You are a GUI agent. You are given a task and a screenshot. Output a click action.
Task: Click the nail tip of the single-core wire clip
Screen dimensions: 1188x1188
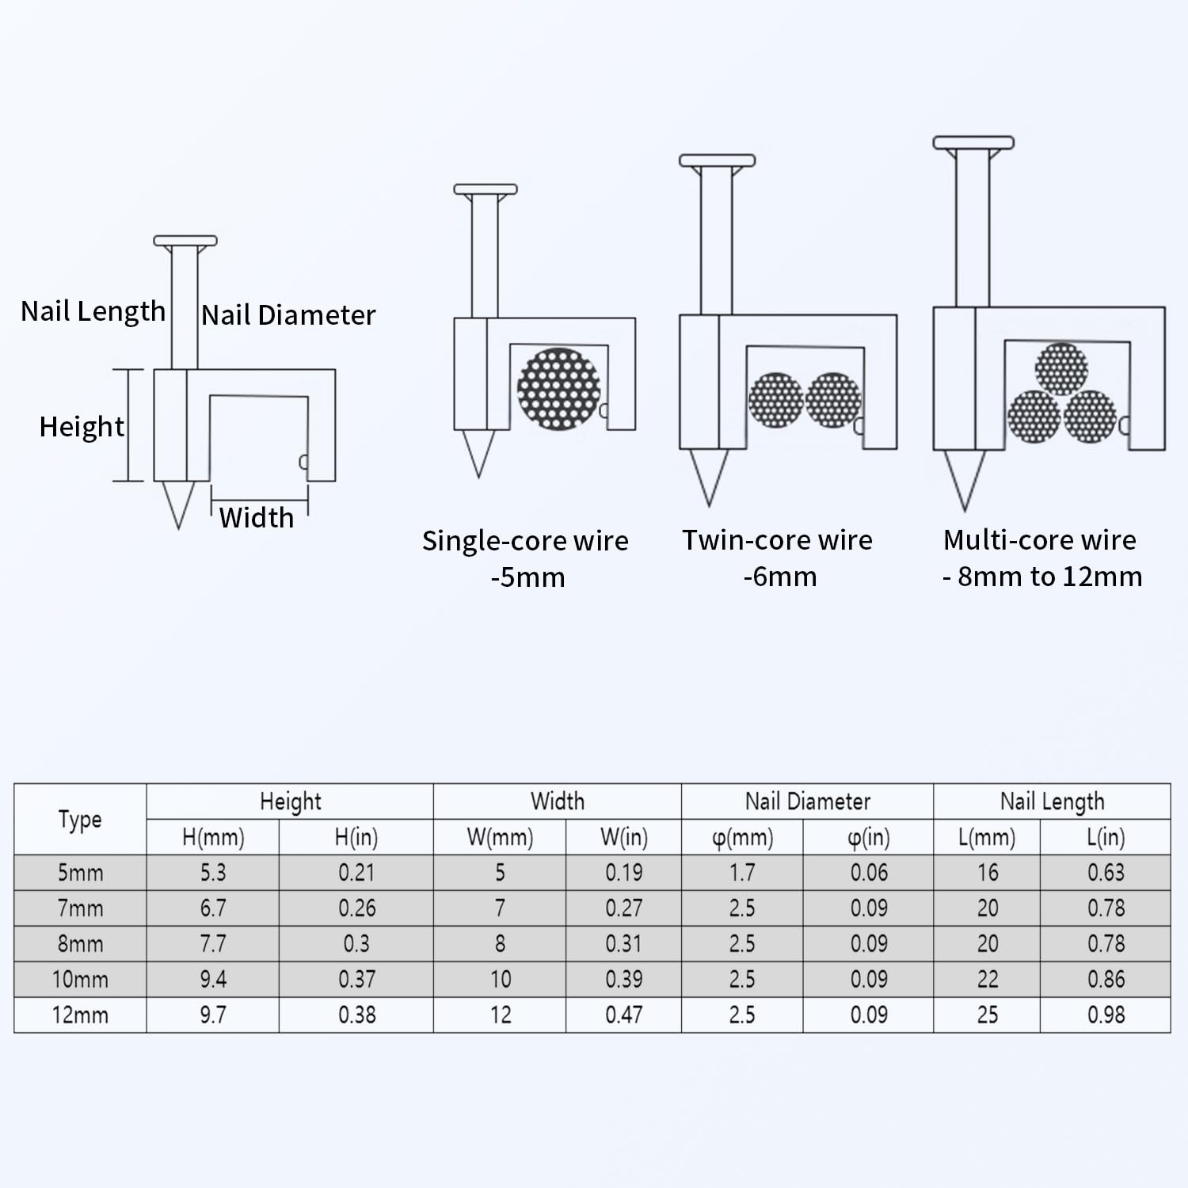tap(478, 478)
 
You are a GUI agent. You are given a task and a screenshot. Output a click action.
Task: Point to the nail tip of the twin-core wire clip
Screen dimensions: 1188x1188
tap(709, 506)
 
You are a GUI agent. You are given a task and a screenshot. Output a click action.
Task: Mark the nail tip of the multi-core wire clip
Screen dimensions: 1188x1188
tap(964, 511)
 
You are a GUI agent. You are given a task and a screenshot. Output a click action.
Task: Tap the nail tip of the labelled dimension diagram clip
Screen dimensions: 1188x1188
tap(179, 528)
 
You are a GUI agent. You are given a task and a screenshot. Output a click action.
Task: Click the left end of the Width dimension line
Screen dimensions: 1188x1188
tap(211, 501)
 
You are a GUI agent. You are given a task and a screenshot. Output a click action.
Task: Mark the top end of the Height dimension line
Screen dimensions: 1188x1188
tap(128, 370)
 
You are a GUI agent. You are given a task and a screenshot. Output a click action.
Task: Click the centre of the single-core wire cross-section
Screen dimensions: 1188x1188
tap(558, 389)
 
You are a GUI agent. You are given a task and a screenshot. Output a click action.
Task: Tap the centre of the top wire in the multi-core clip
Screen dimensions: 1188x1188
tap(1061, 368)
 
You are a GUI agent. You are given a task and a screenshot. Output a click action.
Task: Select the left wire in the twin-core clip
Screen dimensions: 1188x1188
tap(776, 400)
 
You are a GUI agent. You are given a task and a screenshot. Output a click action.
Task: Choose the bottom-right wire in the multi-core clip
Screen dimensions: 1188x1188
tap(1090, 417)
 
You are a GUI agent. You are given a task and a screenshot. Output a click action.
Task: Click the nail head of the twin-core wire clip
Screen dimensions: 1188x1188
tap(717, 161)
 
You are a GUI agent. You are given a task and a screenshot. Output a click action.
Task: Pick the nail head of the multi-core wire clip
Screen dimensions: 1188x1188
tap(973, 143)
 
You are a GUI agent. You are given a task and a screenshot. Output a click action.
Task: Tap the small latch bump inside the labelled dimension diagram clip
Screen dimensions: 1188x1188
tap(303, 463)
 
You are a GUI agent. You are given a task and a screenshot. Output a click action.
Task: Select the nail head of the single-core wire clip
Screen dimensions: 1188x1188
tap(485, 189)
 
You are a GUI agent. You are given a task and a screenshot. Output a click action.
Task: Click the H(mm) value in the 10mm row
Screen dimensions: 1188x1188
tap(213, 980)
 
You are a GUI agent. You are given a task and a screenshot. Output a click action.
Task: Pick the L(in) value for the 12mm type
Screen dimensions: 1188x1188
tap(1106, 1015)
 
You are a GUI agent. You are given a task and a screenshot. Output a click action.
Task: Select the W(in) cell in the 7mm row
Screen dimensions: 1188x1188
tap(624, 908)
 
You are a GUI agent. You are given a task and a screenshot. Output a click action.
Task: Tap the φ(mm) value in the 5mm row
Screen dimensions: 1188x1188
tap(742, 873)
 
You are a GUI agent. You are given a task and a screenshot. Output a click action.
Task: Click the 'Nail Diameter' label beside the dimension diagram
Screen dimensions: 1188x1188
tap(288, 315)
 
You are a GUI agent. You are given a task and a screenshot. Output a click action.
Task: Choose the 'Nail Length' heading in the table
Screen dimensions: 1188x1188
tap(1052, 802)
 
